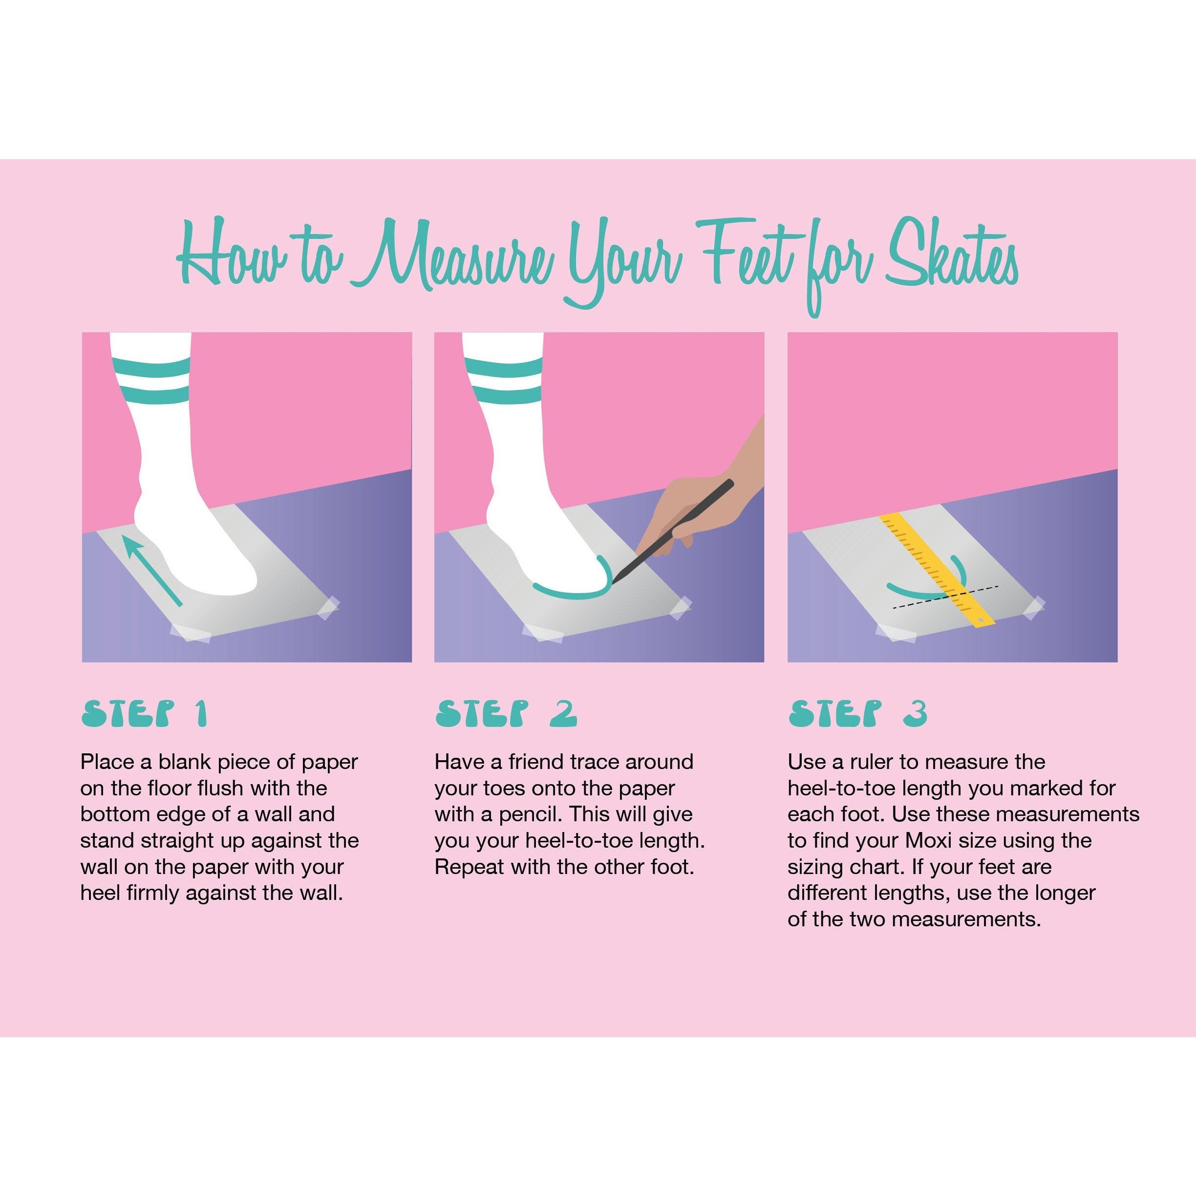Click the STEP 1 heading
coord(144,714)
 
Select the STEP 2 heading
coord(506,714)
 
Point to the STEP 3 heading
coord(857,714)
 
